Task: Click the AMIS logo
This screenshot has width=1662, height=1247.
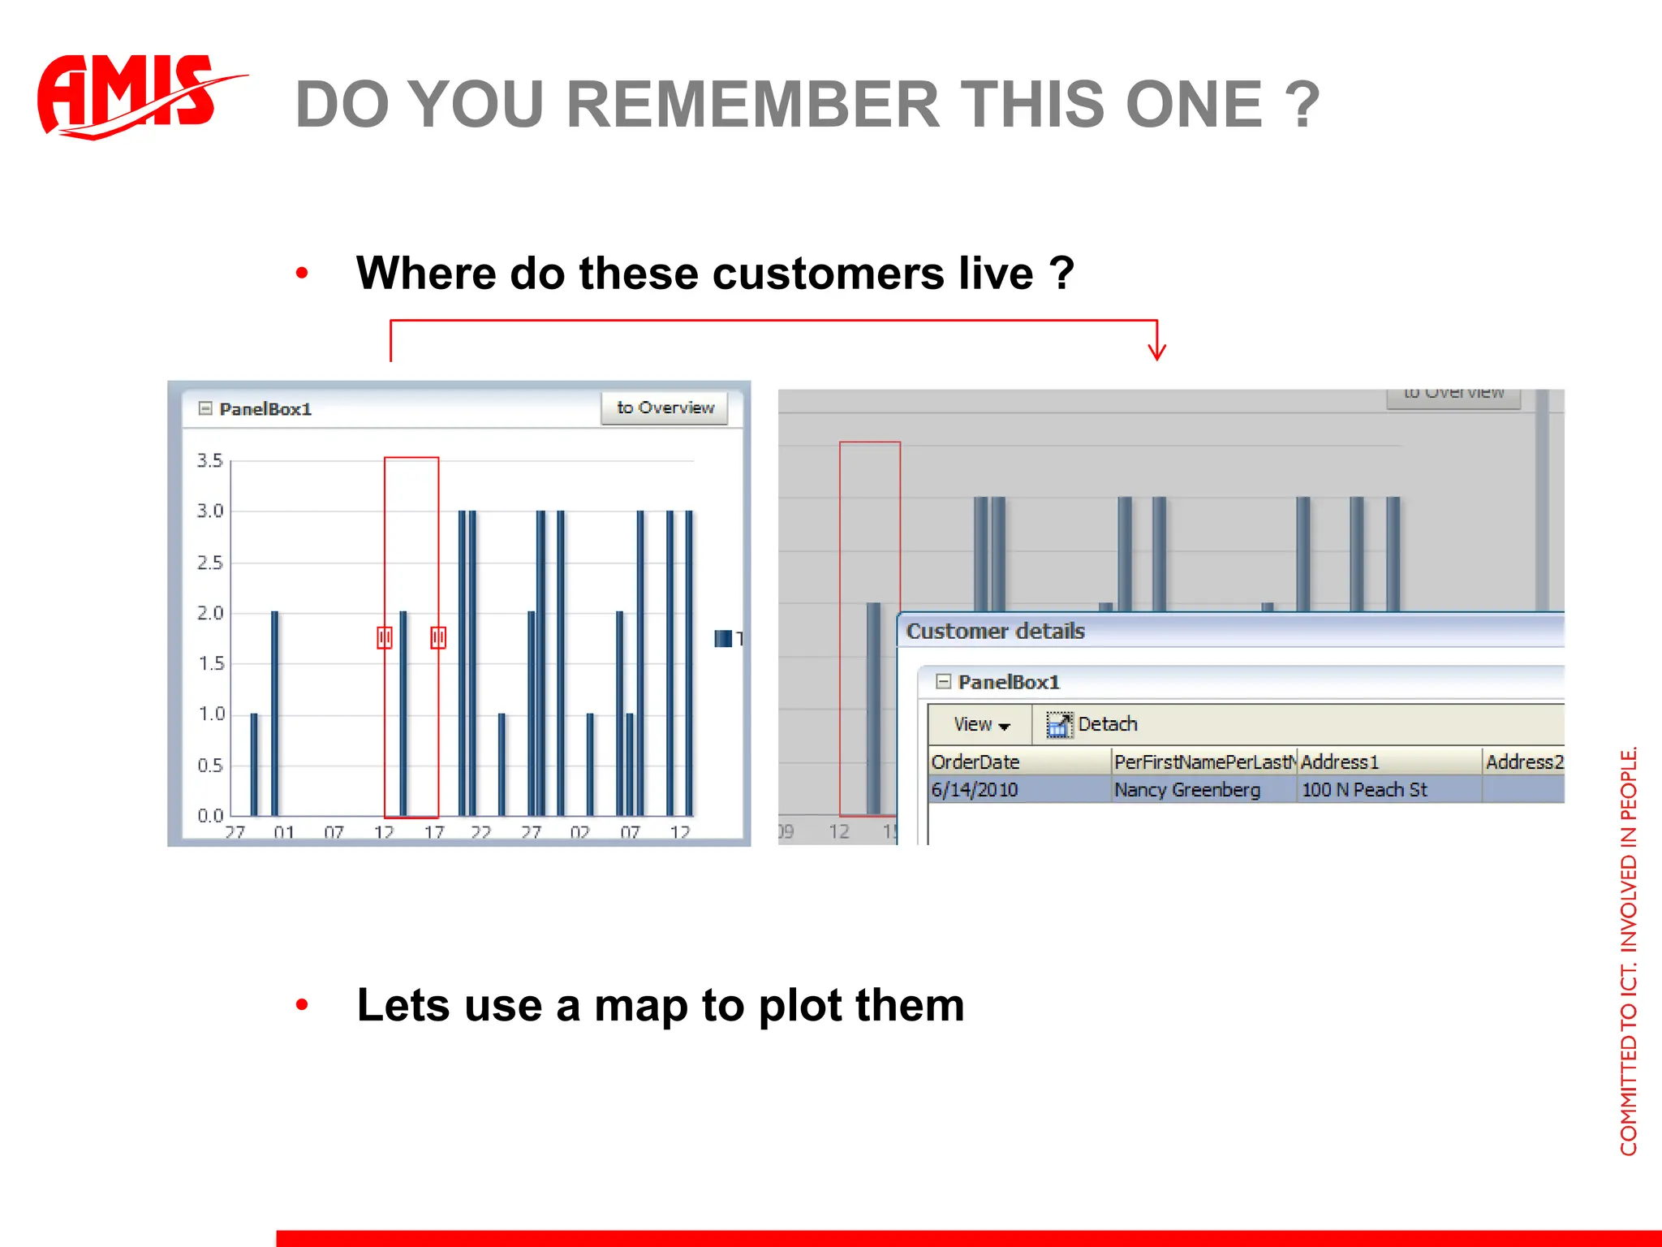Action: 130,96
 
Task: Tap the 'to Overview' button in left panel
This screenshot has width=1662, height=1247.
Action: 665,408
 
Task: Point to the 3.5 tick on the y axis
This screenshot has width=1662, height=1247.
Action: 209,461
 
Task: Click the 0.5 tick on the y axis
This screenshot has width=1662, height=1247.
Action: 209,766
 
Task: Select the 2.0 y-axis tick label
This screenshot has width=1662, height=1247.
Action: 209,613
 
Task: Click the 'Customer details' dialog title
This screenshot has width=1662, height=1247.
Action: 995,631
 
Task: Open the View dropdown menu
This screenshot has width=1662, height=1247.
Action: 981,724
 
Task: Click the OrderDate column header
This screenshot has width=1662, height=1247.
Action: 975,762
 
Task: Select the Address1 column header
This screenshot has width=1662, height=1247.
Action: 1340,762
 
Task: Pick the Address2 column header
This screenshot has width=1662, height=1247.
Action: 1524,762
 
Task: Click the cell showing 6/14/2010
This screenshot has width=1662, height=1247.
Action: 975,789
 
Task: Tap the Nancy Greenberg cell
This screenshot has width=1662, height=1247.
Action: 1186,789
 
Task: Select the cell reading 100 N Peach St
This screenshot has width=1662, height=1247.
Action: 1364,789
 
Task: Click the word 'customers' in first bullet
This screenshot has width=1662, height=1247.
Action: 828,273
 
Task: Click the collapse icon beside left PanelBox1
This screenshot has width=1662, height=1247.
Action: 205,408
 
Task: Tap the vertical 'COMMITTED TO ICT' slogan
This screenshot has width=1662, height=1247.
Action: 1628,950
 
